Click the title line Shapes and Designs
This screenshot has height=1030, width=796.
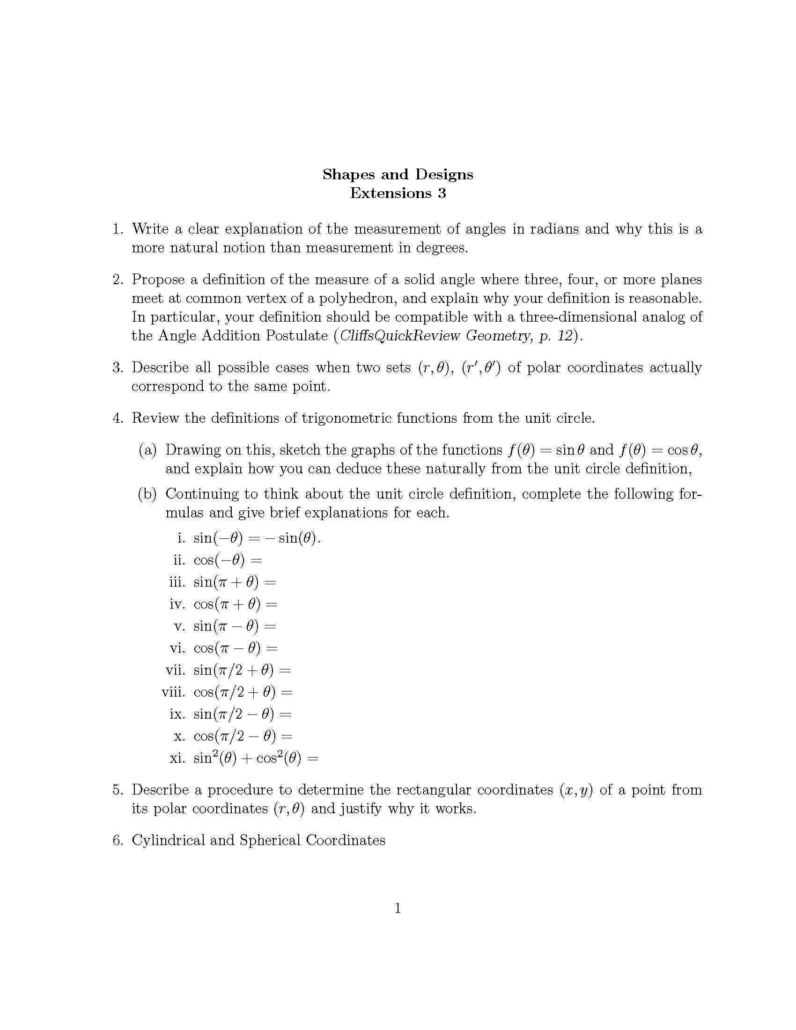(398, 175)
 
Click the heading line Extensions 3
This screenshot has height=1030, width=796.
(398, 193)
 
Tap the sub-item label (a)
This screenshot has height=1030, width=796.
(147, 450)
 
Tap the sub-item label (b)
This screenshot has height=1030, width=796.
(147, 494)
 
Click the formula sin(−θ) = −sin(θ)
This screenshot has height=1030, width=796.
(257, 538)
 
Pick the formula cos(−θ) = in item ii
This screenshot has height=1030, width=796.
(227, 560)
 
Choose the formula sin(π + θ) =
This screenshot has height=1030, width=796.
(235, 582)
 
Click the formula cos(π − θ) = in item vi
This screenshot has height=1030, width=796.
(236, 648)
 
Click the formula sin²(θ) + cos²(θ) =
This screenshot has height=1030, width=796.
(256, 758)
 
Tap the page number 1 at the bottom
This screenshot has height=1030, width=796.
(398, 908)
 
